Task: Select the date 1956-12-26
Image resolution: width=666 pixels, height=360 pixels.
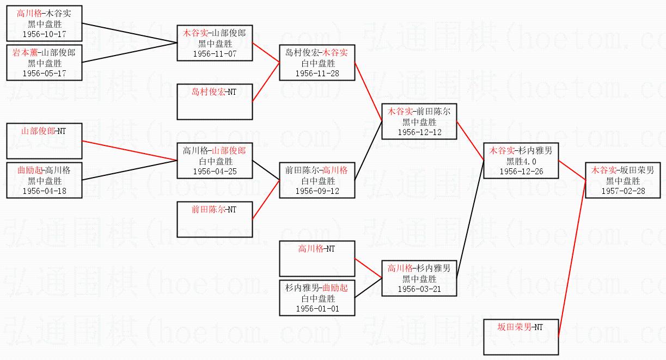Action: [x=521, y=172]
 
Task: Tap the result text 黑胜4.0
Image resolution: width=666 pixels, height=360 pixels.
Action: [x=521, y=161]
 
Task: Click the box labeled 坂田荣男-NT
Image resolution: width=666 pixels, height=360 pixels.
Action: [x=521, y=337]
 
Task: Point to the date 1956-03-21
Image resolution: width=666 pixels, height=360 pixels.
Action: [x=419, y=289]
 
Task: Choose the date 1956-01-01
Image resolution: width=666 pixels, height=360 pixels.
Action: [x=317, y=309]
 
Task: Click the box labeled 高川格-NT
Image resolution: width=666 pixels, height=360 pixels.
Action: [x=317, y=259]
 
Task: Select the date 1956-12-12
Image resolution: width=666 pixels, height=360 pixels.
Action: [x=419, y=132]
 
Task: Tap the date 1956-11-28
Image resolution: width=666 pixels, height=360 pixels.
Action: [x=317, y=74]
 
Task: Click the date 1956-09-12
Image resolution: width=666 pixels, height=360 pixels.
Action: [x=317, y=191]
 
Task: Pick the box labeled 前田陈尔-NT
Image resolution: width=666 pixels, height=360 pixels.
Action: [x=215, y=219]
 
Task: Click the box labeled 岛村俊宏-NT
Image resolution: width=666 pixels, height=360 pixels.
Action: [x=215, y=101]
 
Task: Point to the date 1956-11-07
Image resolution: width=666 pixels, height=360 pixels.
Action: [x=215, y=54]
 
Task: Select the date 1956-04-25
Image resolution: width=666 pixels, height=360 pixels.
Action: [x=215, y=172]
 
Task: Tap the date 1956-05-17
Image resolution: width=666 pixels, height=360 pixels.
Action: [x=44, y=74]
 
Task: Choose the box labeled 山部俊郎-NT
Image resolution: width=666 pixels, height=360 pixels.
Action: [x=44, y=141]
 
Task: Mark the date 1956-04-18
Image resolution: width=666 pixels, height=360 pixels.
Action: [x=44, y=191]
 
